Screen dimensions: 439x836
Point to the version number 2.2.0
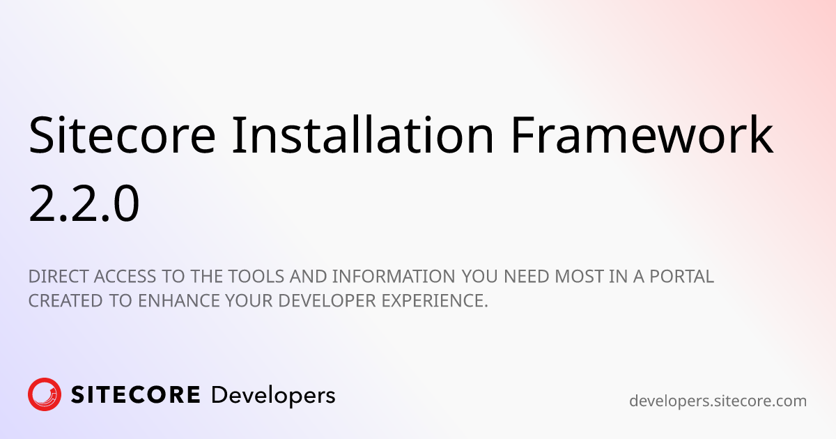coord(84,203)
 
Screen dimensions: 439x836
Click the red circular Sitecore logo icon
coord(45,395)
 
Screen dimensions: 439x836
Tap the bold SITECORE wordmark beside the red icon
coord(136,396)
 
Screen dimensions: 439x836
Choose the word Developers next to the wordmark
coord(273,396)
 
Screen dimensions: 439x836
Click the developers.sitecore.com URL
coord(718,401)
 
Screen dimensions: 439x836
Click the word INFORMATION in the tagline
coord(394,277)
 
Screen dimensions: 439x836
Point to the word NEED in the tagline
coord(527,277)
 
